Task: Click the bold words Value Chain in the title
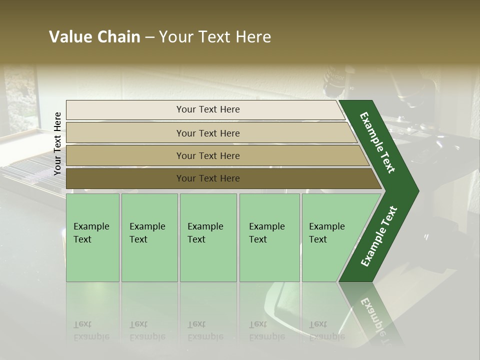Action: (94, 37)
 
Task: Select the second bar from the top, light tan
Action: (208, 133)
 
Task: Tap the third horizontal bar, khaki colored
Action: (208, 155)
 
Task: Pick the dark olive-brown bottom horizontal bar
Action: (208, 178)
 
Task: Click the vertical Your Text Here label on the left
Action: (57, 144)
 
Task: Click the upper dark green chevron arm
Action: (378, 142)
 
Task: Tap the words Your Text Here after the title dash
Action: (215, 37)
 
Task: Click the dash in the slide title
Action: (149, 37)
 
